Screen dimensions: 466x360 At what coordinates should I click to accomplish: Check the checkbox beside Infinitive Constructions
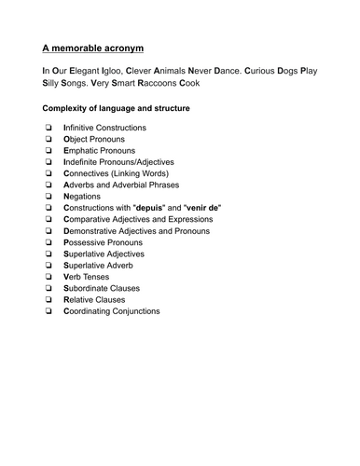(x=47, y=128)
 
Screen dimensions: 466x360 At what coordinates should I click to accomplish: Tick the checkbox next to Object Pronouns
(x=47, y=139)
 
